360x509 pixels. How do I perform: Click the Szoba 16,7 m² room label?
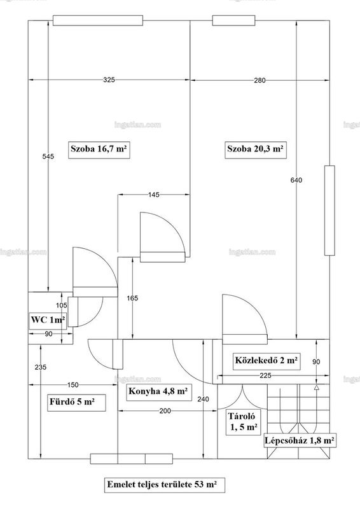coord(99,150)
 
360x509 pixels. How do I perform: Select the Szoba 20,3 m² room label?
coord(256,150)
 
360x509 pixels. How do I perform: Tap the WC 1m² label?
coord(48,320)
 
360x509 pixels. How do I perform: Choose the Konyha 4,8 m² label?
coord(158,391)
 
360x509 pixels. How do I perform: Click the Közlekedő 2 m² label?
coord(267,360)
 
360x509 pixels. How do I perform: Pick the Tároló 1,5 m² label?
coord(244,422)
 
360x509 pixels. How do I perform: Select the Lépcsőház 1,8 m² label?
coord(300,441)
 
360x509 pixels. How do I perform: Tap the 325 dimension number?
coord(109,80)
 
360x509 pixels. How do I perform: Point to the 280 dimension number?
coord(260,80)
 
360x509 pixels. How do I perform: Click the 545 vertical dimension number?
coord(48,157)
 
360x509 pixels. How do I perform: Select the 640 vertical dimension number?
coord(296,180)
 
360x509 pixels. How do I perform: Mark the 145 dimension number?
coord(154,195)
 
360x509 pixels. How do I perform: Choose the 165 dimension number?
coord(132,298)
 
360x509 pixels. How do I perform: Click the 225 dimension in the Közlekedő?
coord(265,375)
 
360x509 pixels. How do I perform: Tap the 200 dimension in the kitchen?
coord(165,411)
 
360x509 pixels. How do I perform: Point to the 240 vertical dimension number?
coord(203,399)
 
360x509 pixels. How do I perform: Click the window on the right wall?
coord(329,211)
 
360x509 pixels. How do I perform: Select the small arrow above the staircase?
coord(317,387)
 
